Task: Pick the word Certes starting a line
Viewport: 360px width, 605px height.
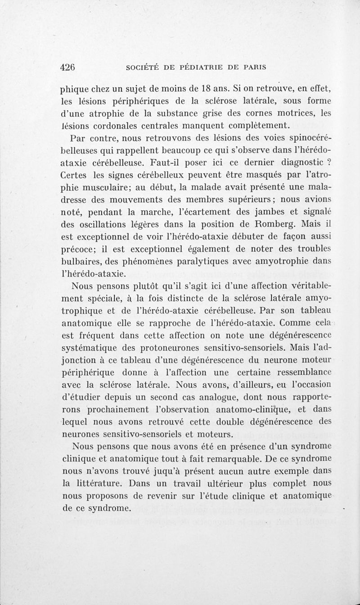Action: tap(75, 174)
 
